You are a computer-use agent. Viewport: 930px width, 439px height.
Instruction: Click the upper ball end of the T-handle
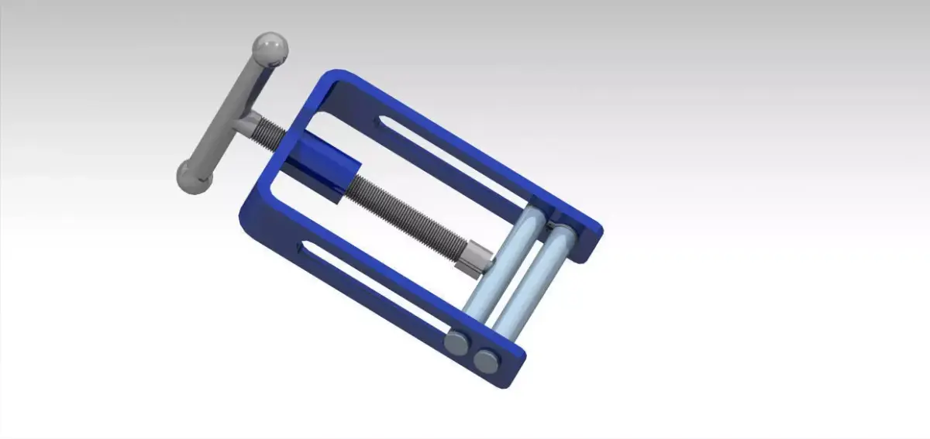pyautogui.click(x=271, y=49)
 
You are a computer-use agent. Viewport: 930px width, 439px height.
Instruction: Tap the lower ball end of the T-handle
pyautogui.click(x=194, y=177)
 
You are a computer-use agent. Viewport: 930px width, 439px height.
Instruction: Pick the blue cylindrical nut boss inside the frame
pyautogui.click(x=326, y=167)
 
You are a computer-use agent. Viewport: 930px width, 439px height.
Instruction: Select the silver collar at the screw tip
pyautogui.click(x=474, y=258)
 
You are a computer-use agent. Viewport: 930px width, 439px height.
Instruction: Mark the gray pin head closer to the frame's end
pyautogui.click(x=487, y=358)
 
